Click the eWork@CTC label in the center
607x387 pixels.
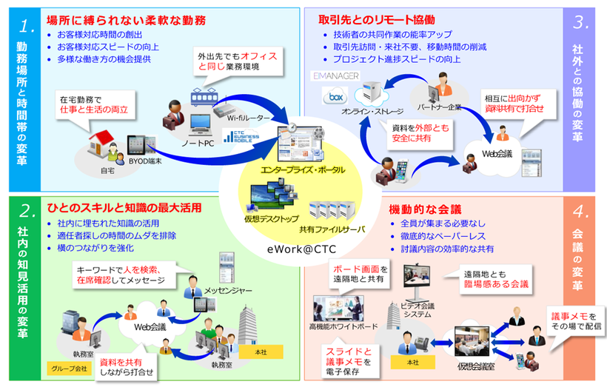(x=303, y=250)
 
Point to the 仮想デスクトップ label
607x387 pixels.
(x=271, y=218)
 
